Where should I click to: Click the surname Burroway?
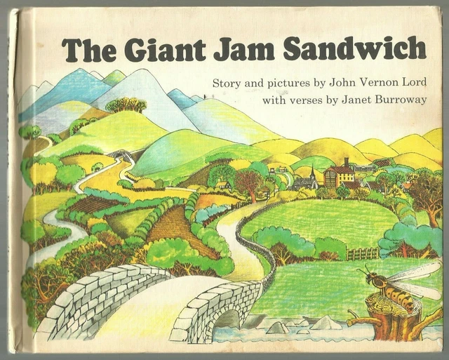[x=394, y=99]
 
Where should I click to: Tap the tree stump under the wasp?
[x=393, y=319]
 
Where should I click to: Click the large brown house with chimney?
[x=340, y=173]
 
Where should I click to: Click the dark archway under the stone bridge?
[x=227, y=322]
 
